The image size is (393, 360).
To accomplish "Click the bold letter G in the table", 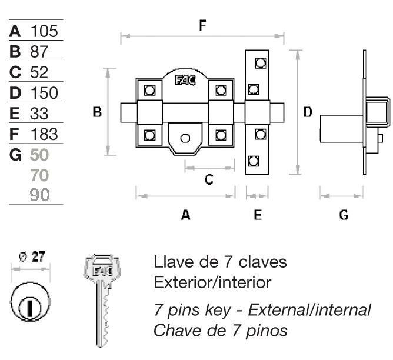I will [16, 155].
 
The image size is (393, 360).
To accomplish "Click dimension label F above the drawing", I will [202, 25].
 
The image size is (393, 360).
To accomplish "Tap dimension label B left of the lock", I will [98, 112].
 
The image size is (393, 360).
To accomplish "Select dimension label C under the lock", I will [208, 180].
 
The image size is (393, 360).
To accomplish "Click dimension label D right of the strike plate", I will [307, 112].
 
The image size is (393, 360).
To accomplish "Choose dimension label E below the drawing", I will [257, 215].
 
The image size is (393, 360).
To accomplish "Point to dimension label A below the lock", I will [185, 215].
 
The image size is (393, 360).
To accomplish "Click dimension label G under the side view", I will [344, 215].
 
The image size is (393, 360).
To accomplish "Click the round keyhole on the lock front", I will [185, 138].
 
